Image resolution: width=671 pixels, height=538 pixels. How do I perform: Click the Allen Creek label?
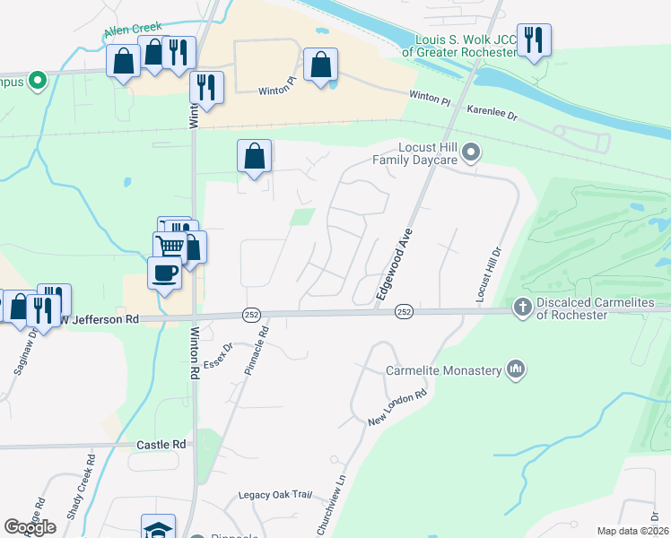click(133, 30)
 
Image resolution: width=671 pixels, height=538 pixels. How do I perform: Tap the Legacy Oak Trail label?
click(274, 495)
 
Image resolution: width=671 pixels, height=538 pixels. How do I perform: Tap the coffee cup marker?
click(164, 272)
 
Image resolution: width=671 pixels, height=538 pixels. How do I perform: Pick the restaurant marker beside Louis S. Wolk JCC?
click(534, 39)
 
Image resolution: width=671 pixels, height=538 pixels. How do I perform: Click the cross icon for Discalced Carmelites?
click(523, 308)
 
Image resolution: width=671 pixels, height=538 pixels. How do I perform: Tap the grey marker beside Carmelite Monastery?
click(515, 369)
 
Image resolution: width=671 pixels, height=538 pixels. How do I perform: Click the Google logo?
click(30, 526)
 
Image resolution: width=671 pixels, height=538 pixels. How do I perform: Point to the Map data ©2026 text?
click(632, 531)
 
